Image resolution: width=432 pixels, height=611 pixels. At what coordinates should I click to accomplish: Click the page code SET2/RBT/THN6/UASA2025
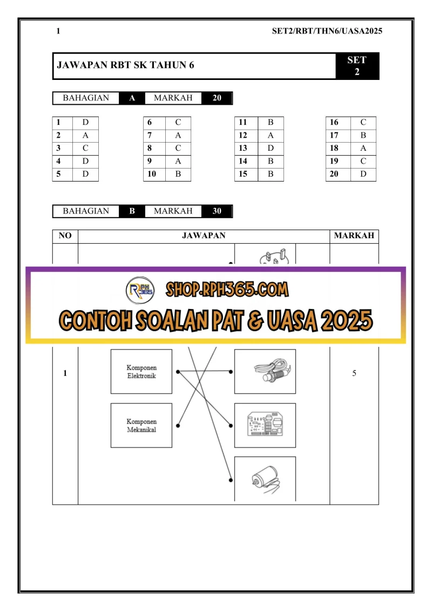tap(327, 31)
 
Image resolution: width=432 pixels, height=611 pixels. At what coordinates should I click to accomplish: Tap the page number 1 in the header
tap(58, 31)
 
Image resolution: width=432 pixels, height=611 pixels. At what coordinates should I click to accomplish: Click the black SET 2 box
tap(357, 66)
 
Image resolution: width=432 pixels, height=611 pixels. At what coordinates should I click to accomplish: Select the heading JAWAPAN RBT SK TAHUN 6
tap(125, 65)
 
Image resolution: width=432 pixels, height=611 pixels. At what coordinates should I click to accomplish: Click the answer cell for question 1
tap(85, 122)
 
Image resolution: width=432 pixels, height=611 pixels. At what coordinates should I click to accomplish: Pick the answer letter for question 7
tap(178, 135)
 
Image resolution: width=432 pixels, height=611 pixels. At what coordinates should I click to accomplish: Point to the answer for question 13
tap(271, 148)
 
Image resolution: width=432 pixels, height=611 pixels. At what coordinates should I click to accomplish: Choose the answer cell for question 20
tap(363, 174)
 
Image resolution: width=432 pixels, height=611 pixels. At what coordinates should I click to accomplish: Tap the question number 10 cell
tap(154, 174)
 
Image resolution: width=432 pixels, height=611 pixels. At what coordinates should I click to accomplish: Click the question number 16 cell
tap(338, 122)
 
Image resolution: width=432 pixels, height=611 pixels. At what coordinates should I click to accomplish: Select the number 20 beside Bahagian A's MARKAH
tap(217, 98)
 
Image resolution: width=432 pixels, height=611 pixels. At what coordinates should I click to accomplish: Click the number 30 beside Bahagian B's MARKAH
tap(217, 211)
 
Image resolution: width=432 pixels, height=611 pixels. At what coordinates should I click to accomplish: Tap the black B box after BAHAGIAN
tap(132, 211)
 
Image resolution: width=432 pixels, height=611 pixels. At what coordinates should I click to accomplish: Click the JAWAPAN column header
tap(204, 236)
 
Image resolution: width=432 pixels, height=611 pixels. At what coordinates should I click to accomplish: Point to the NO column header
tap(65, 236)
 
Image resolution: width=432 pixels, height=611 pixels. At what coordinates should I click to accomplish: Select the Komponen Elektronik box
tap(141, 371)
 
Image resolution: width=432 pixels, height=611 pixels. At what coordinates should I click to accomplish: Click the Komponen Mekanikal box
tap(141, 426)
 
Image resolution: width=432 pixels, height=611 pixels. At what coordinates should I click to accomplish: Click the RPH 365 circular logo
tap(140, 290)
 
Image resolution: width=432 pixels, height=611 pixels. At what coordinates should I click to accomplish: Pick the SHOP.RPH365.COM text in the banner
tap(227, 290)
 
